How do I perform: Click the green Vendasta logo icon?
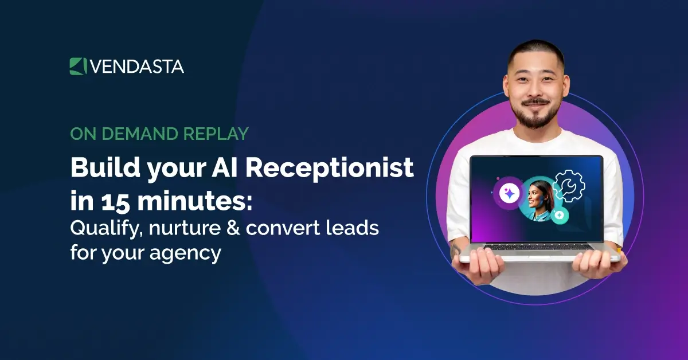point(77,66)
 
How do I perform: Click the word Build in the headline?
point(97,168)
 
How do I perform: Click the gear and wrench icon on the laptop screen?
point(568,185)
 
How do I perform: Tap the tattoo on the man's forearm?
point(456,250)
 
